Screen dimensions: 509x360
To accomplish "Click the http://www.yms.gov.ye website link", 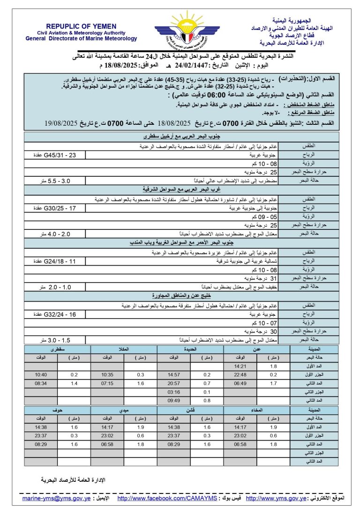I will pos(276,498).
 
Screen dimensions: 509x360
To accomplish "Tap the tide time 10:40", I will pos(40,374).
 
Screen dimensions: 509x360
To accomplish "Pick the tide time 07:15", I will pos(107,383).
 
